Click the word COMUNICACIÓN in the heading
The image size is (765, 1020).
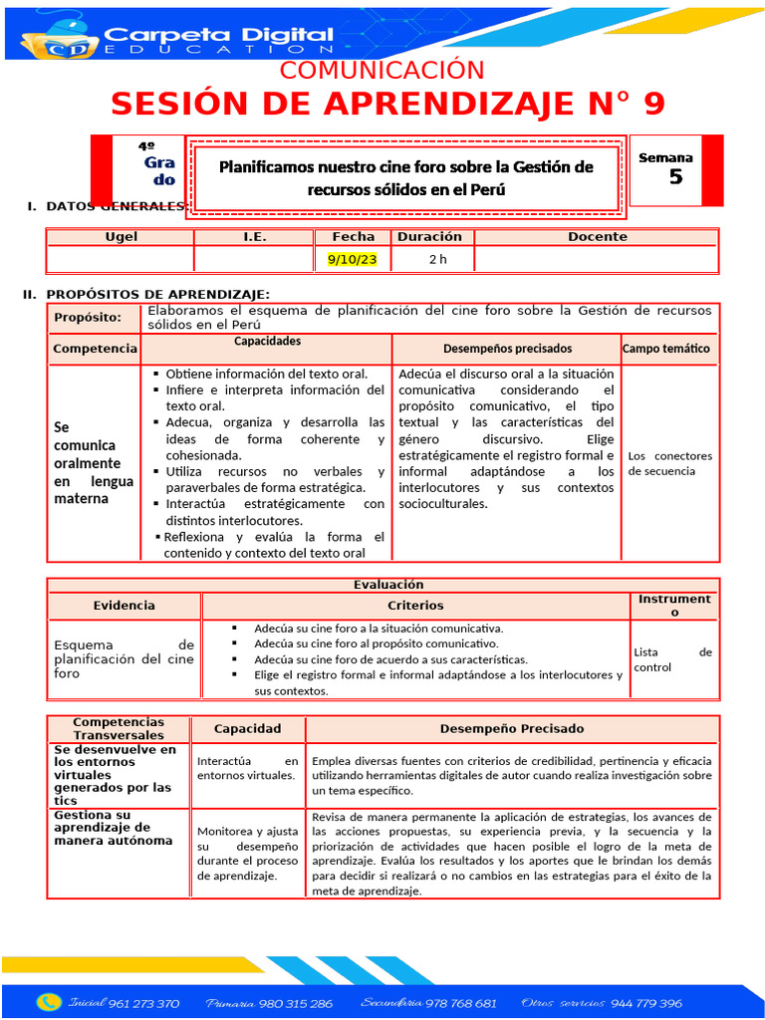382,71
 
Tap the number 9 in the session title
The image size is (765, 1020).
651,104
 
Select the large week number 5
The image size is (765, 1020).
676,177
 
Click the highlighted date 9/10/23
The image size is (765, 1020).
353,260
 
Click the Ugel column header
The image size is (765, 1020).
122,237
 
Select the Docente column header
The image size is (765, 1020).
598,237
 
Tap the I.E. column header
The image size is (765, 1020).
255,237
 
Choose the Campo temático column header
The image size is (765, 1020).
666,349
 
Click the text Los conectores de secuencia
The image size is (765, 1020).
669,463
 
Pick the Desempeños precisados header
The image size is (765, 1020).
507,349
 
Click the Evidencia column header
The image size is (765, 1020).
125,606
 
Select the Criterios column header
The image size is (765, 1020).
415,606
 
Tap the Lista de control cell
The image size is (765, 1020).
672,659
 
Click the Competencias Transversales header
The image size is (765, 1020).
119,728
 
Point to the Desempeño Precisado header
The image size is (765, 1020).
512,729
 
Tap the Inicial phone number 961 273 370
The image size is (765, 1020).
143,1003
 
